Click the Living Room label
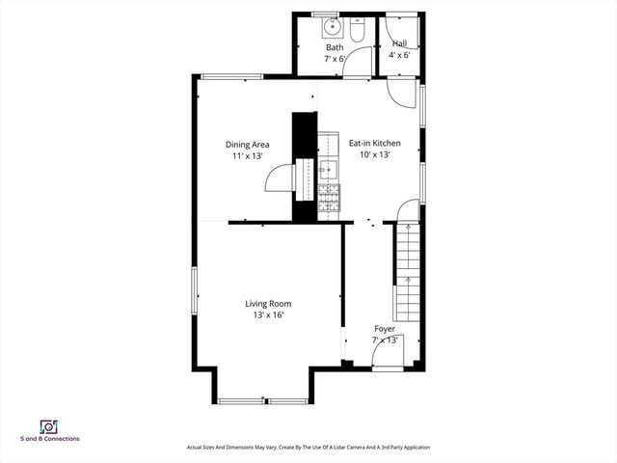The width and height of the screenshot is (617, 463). (x=267, y=304)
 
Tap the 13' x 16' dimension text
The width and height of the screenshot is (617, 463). (x=267, y=314)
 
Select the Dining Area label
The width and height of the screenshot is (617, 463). (x=247, y=145)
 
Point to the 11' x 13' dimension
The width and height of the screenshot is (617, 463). (x=247, y=155)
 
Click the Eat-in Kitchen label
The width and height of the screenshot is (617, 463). (x=374, y=144)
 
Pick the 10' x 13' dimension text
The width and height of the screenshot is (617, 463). (x=374, y=154)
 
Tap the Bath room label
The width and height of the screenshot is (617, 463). (x=335, y=47)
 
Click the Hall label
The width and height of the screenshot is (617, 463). (x=399, y=44)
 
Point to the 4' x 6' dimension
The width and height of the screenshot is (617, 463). (x=399, y=55)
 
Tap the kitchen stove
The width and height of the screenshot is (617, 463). (x=329, y=198)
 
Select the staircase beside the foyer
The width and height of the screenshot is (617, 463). (x=409, y=270)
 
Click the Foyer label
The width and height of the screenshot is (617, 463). (x=385, y=329)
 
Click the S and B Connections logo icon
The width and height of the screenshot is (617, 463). (x=48, y=426)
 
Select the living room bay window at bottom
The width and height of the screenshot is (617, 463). (x=263, y=400)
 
